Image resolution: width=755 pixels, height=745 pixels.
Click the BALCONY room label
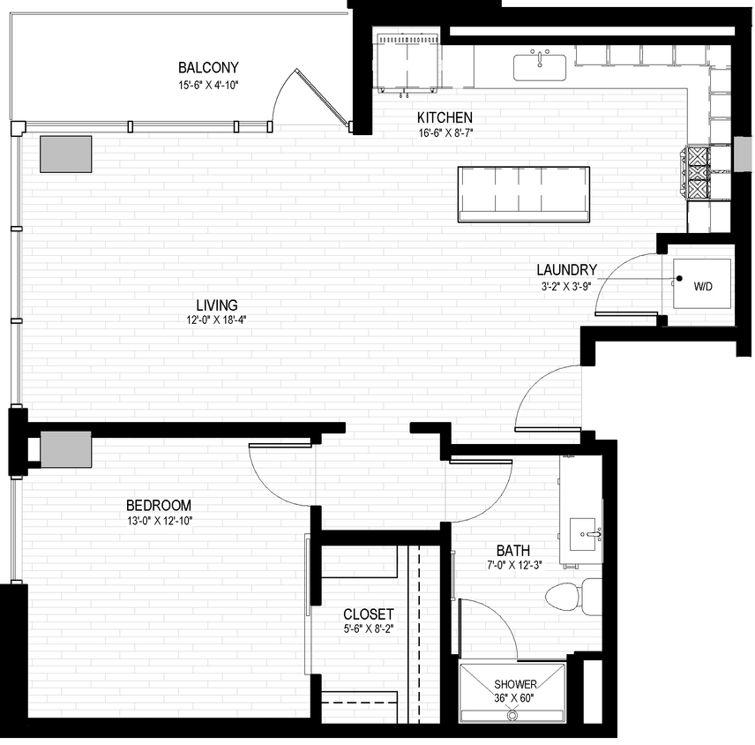tap(208, 68)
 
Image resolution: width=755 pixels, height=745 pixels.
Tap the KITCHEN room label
tap(445, 117)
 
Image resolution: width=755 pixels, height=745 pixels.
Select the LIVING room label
tap(217, 305)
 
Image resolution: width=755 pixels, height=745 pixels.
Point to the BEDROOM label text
tap(159, 506)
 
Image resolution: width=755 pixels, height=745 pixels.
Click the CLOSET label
tap(369, 614)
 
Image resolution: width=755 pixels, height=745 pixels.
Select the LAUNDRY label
tap(567, 270)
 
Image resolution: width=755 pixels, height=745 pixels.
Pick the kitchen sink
tap(540, 66)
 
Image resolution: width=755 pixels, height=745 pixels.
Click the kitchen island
tap(524, 193)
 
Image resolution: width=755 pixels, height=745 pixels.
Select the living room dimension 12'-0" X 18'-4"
tap(217, 320)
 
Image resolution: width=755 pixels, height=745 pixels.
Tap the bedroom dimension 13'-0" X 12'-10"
tap(159, 521)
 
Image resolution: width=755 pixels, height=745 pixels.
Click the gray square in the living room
tap(65, 154)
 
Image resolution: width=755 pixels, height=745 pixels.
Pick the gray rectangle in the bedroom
tap(66, 449)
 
